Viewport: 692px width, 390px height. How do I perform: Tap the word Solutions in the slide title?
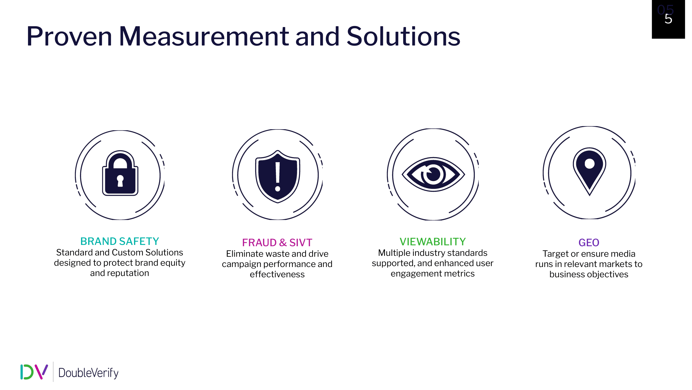[403, 36]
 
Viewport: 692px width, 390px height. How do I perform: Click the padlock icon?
[120, 173]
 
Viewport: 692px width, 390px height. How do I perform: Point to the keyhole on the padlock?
[120, 181]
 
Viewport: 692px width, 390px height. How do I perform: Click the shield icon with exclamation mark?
[278, 177]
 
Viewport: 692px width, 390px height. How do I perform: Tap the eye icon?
[433, 174]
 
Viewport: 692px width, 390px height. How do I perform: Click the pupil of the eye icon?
[433, 174]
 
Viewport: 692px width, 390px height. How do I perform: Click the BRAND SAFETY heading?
[119, 242]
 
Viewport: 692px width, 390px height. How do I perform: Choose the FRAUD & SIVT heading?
[277, 243]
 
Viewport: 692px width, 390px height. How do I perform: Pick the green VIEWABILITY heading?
[432, 242]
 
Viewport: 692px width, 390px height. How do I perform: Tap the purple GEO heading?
[589, 243]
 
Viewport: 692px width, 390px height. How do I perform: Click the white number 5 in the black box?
[668, 19]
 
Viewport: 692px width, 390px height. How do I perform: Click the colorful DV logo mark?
[34, 372]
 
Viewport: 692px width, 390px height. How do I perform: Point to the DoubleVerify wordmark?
[88, 373]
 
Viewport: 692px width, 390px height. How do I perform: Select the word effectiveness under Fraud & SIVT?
[277, 274]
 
